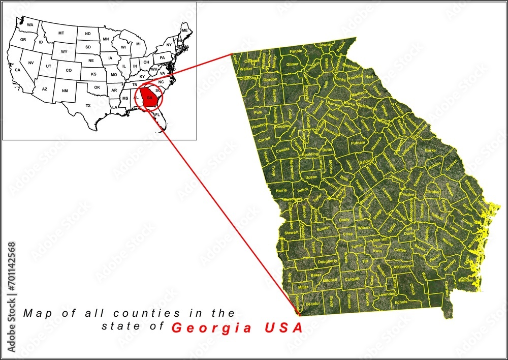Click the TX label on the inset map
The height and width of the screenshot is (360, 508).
click(88, 106)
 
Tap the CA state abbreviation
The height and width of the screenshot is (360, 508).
click(17, 70)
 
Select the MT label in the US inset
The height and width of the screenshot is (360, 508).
click(61, 33)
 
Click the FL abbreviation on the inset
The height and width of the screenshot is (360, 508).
click(157, 115)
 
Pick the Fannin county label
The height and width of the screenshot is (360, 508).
click(296, 51)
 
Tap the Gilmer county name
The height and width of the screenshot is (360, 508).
click(293, 65)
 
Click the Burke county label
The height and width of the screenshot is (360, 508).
click(430, 151)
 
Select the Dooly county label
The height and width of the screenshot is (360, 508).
click(344, 220)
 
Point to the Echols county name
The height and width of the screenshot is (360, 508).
click(401, 302)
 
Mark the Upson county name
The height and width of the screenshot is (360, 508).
click(311, 177)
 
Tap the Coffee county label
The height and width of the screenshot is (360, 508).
click(400, 250)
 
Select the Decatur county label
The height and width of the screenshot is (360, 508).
click(313, 304)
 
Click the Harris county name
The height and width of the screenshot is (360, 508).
click(281, 190)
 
